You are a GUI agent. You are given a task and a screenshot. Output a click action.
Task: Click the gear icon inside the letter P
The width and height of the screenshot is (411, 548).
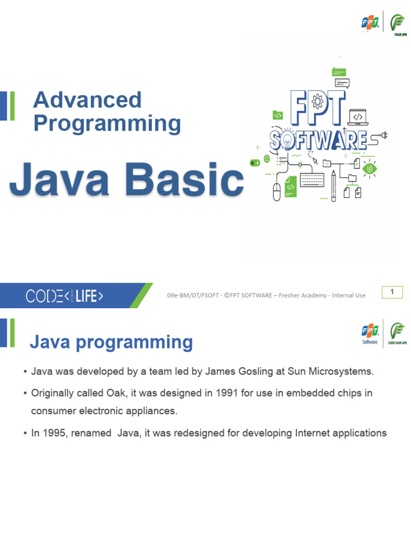(x=317, y=102)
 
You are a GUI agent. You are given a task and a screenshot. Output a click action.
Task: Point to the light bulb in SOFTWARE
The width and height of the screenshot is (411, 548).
(x=287, y=142)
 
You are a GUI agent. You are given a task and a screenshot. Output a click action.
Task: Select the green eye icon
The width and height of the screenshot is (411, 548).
(x=369, y=169)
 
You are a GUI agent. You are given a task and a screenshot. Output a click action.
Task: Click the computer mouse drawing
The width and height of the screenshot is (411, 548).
(x=277, y=192)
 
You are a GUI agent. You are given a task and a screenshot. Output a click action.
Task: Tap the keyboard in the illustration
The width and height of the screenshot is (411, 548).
(x=312, y=180)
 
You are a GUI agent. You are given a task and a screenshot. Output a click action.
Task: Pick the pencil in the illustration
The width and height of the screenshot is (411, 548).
(x=333, y=186)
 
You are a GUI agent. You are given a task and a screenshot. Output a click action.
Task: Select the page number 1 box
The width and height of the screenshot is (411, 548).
(x=392, y=292)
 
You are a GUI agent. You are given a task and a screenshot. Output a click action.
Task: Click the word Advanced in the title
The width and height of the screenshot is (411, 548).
(x=87, y=100)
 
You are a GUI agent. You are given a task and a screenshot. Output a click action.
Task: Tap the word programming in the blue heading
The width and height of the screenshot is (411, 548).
(x=134, y=342)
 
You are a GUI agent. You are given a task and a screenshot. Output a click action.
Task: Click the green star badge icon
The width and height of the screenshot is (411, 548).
(x=267, y=159)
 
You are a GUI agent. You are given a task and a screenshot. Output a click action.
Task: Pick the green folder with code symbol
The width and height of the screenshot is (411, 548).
(x=278, y=115)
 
